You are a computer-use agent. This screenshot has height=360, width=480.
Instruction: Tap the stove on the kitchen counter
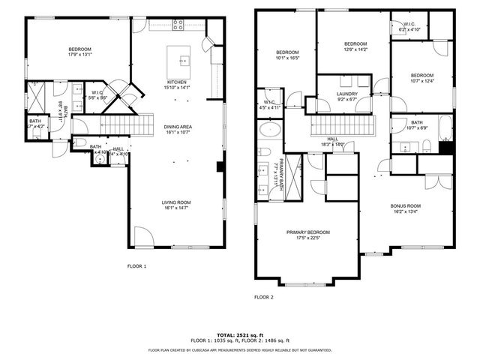[178, 24]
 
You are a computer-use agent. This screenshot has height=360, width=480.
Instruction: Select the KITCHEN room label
[177, 82]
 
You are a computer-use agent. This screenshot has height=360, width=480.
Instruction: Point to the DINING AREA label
[178, 127]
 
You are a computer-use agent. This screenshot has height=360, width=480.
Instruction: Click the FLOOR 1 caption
[136, 266]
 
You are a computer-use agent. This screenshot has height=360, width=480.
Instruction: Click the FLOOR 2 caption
[263, 297]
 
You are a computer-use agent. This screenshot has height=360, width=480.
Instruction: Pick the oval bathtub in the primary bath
[269, 132]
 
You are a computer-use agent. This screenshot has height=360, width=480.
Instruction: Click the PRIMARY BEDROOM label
[307, 232]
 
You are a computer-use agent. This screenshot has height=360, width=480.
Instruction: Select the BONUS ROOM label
[406, 205]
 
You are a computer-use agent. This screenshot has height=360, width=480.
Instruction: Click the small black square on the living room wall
[220, 166]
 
